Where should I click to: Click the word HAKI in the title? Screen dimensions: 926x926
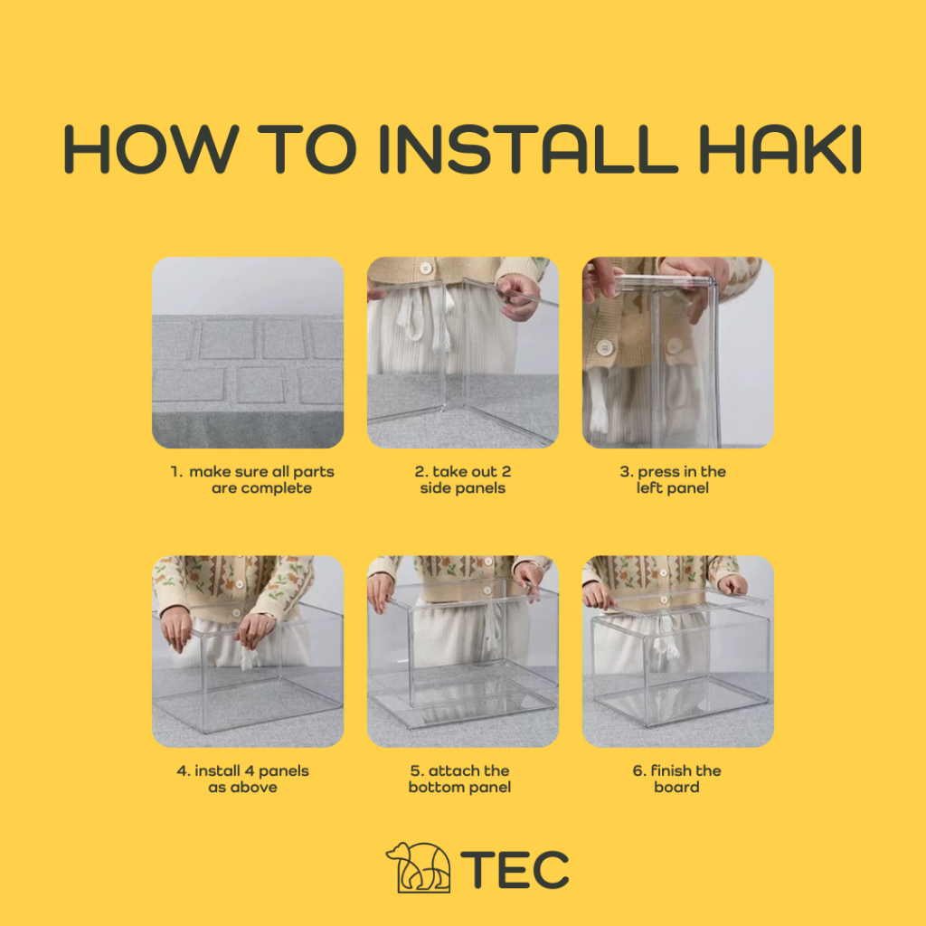pos(780,149)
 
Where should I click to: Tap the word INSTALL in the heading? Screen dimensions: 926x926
pos(528,149)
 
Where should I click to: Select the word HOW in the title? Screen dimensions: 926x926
pos(151,149)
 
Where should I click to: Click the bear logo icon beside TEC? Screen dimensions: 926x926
pos(418,867)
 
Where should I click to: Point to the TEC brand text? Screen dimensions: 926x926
pos(515,869)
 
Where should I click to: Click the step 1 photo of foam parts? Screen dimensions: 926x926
pos(248,353)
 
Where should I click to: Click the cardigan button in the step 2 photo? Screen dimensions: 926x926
pos(425,269)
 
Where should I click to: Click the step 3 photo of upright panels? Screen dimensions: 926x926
pos(678,353)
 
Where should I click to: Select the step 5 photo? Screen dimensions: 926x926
pos(463,651)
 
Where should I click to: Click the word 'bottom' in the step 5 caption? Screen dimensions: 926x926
pos(434,788)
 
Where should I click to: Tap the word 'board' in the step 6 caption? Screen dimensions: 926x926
pos(676,788)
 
